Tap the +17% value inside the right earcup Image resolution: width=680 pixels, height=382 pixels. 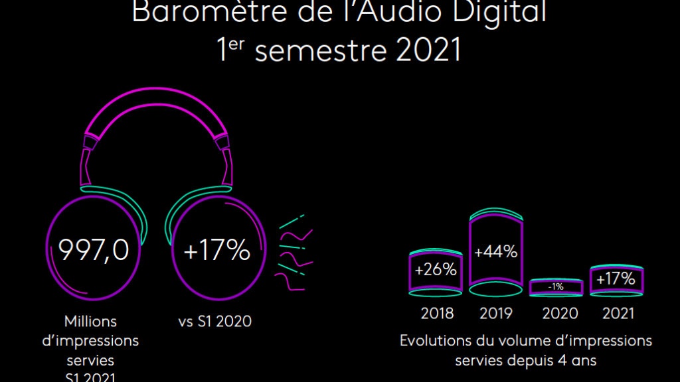coord(216,251)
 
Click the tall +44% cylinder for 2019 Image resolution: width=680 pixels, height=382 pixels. coord(495,253)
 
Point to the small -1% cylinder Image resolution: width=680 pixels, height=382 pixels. coord(556,286)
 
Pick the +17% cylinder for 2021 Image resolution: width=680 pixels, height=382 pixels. coord(616,279)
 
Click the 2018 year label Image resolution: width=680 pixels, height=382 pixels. coord(436,313)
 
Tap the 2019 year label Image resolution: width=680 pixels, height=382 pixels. coord(495,313)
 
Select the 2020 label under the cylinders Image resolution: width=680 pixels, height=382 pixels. coord(560,313)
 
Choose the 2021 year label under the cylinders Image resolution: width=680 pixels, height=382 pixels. coord(618,313)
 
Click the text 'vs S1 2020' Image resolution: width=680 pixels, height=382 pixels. coord(215,322)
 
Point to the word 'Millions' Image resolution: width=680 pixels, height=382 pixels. coord(91,322)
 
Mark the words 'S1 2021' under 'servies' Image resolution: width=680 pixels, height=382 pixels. coord(91,377)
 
